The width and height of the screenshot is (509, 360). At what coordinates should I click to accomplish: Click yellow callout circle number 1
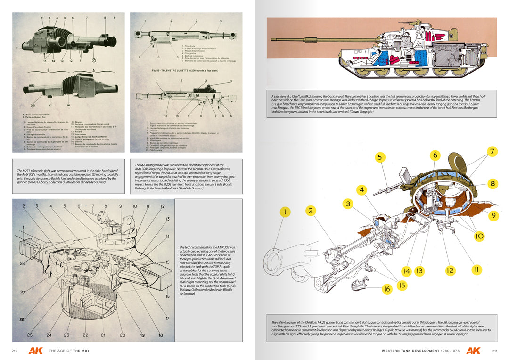tap(285, 212)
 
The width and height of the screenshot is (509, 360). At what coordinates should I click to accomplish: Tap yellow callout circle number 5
tap(379, 157)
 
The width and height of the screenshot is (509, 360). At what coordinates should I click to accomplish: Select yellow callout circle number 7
tap(492, 152)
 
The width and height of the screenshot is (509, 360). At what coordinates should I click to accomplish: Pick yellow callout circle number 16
tap(387, 289)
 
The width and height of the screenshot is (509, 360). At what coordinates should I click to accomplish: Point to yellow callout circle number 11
tap(476, 270)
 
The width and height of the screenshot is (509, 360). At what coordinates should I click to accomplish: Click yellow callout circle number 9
tap(493, 215)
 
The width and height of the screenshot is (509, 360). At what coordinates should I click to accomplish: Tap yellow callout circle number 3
tap(348, 204)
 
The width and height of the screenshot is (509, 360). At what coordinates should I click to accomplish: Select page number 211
tap(494, 351)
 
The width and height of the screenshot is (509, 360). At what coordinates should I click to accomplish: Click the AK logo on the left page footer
tap(35, 351)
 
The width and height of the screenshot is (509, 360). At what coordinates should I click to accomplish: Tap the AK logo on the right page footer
tap(474, 351)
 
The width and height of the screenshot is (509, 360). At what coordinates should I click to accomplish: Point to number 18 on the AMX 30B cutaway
tap(160, 335)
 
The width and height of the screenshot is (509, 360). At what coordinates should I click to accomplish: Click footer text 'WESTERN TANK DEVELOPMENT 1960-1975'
tap(421, 351)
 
